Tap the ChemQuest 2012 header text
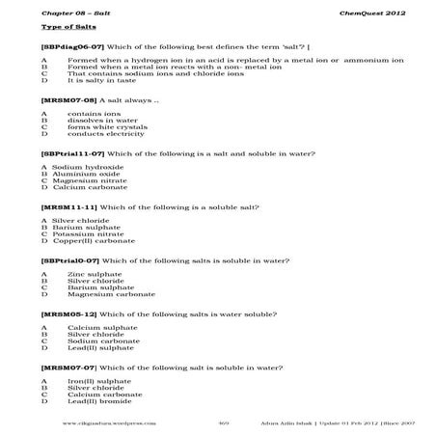pos(368,12)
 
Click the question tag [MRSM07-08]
pos(64,99)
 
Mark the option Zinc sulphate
pos(95,274)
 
